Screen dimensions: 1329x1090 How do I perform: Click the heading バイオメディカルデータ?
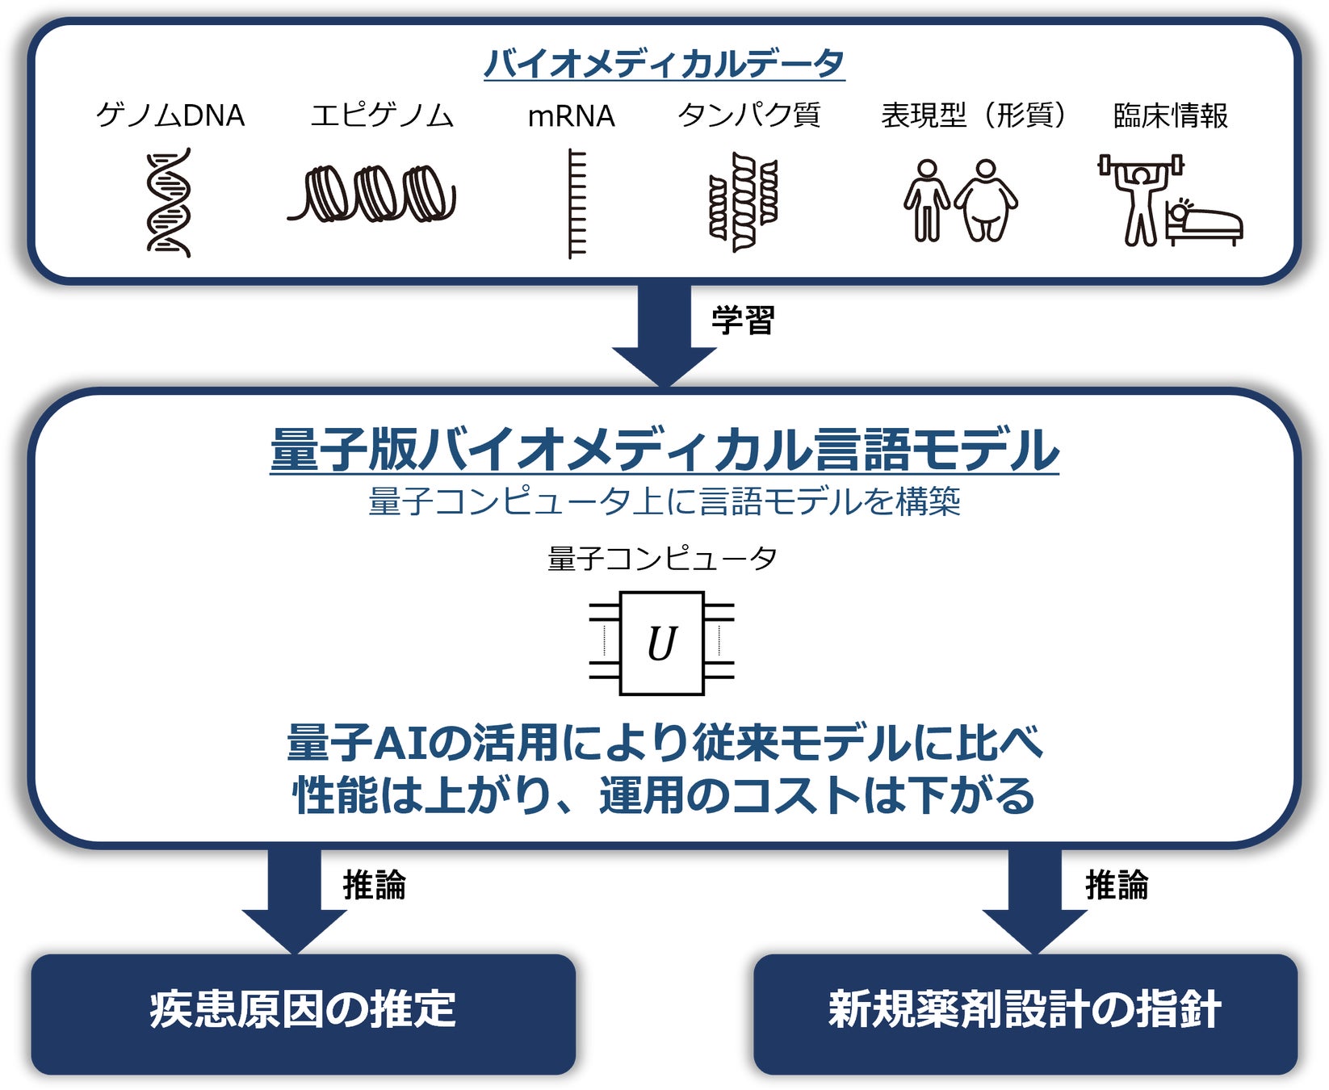pyautogui.click(x=664, y=63)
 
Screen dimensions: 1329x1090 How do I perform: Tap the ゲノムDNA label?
pyautogui.click(x=170, y=115)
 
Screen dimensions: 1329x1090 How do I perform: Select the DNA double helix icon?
pyautogui.click(x=169, y=202)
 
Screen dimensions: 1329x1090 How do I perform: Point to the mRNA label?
pyautogui.click(x=571, y=116)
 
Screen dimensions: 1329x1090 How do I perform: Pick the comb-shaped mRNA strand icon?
pyautogui.click(x=575, y=203)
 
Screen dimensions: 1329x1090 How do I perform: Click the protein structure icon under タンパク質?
pyautogui.click(x=744, y=202)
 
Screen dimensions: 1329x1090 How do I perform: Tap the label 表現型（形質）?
pyautogui.click(x=973, y=115)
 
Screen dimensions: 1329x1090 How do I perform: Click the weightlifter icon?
pyautogui.click(x=1140, y=198)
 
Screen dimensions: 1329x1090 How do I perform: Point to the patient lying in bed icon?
pyautogui.click(x=1204, y=221)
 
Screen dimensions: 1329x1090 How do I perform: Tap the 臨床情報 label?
pyautogui.click(x=1170, y=116)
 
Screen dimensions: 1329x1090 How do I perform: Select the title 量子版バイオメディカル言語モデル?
pyautogui.click(x=664, y=449)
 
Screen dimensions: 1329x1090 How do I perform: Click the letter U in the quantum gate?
pyautogui.click(x=662, y=644)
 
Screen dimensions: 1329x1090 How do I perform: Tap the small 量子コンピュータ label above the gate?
pyautogui.click(x=662, y=558)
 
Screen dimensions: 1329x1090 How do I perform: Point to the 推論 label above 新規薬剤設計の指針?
pyautogui.click(x=1117, y=885)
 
